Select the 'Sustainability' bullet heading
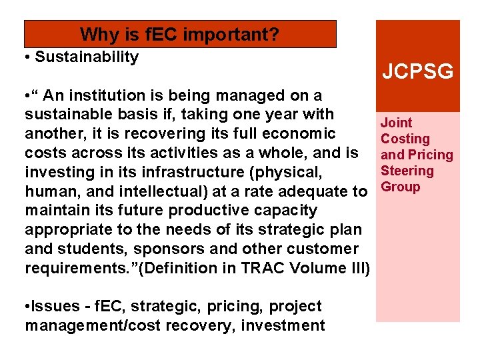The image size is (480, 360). point(87,57)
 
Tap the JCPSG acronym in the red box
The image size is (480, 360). point(417,71)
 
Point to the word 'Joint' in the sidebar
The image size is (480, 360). point(396,123)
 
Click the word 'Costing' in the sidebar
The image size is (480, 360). point(405,139)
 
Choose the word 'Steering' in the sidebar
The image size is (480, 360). point(407,171)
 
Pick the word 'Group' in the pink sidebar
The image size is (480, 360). point(401,187)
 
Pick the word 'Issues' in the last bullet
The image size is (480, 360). point(53,307)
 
